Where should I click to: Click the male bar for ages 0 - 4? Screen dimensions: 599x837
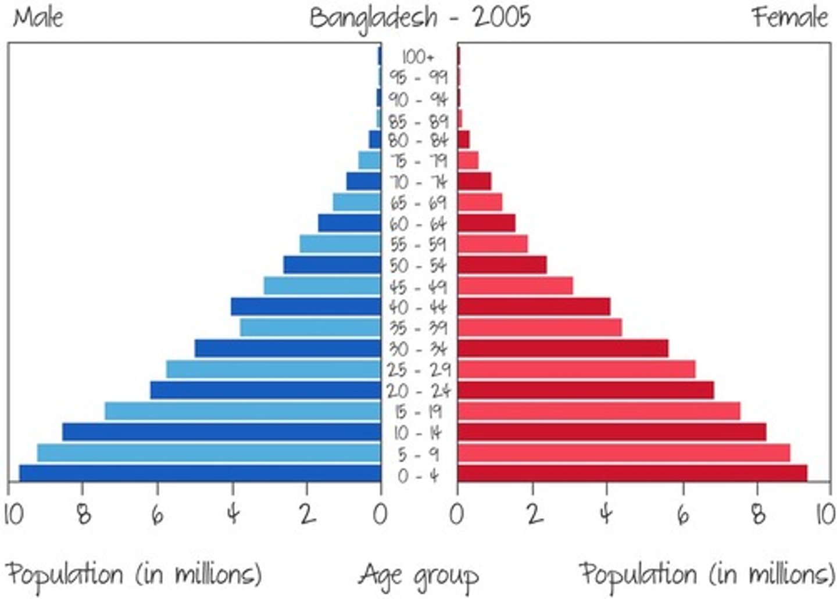tap(201, 473)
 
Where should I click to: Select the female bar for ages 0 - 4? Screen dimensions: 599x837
tap(632, 473)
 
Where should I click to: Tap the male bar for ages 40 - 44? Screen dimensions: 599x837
tap(306, 306)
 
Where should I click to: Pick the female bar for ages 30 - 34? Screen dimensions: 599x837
tap(563, 348)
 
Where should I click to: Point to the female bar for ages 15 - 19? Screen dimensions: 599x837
tap(599, 411)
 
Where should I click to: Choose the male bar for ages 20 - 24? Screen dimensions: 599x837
tap(266, 390)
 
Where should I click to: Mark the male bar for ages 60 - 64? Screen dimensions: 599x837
tap(349, 223)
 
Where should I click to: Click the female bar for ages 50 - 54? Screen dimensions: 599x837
tap(502, 264)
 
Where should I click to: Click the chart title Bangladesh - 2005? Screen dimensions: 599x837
tap(420, 17)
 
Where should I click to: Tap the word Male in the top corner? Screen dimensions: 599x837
tap(38, 17)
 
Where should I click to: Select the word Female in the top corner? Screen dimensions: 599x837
tap(789, 17)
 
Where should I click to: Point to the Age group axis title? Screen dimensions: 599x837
tap(419, 575)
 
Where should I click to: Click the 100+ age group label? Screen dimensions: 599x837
tap(418, 57)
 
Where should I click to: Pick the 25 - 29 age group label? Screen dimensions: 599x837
tap(419, 370)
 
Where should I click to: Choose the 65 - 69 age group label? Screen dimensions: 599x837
tap(419, 203)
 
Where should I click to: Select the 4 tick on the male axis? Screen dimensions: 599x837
tap(233, 514)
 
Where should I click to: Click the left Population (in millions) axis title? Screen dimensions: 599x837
tap(134, 574)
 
